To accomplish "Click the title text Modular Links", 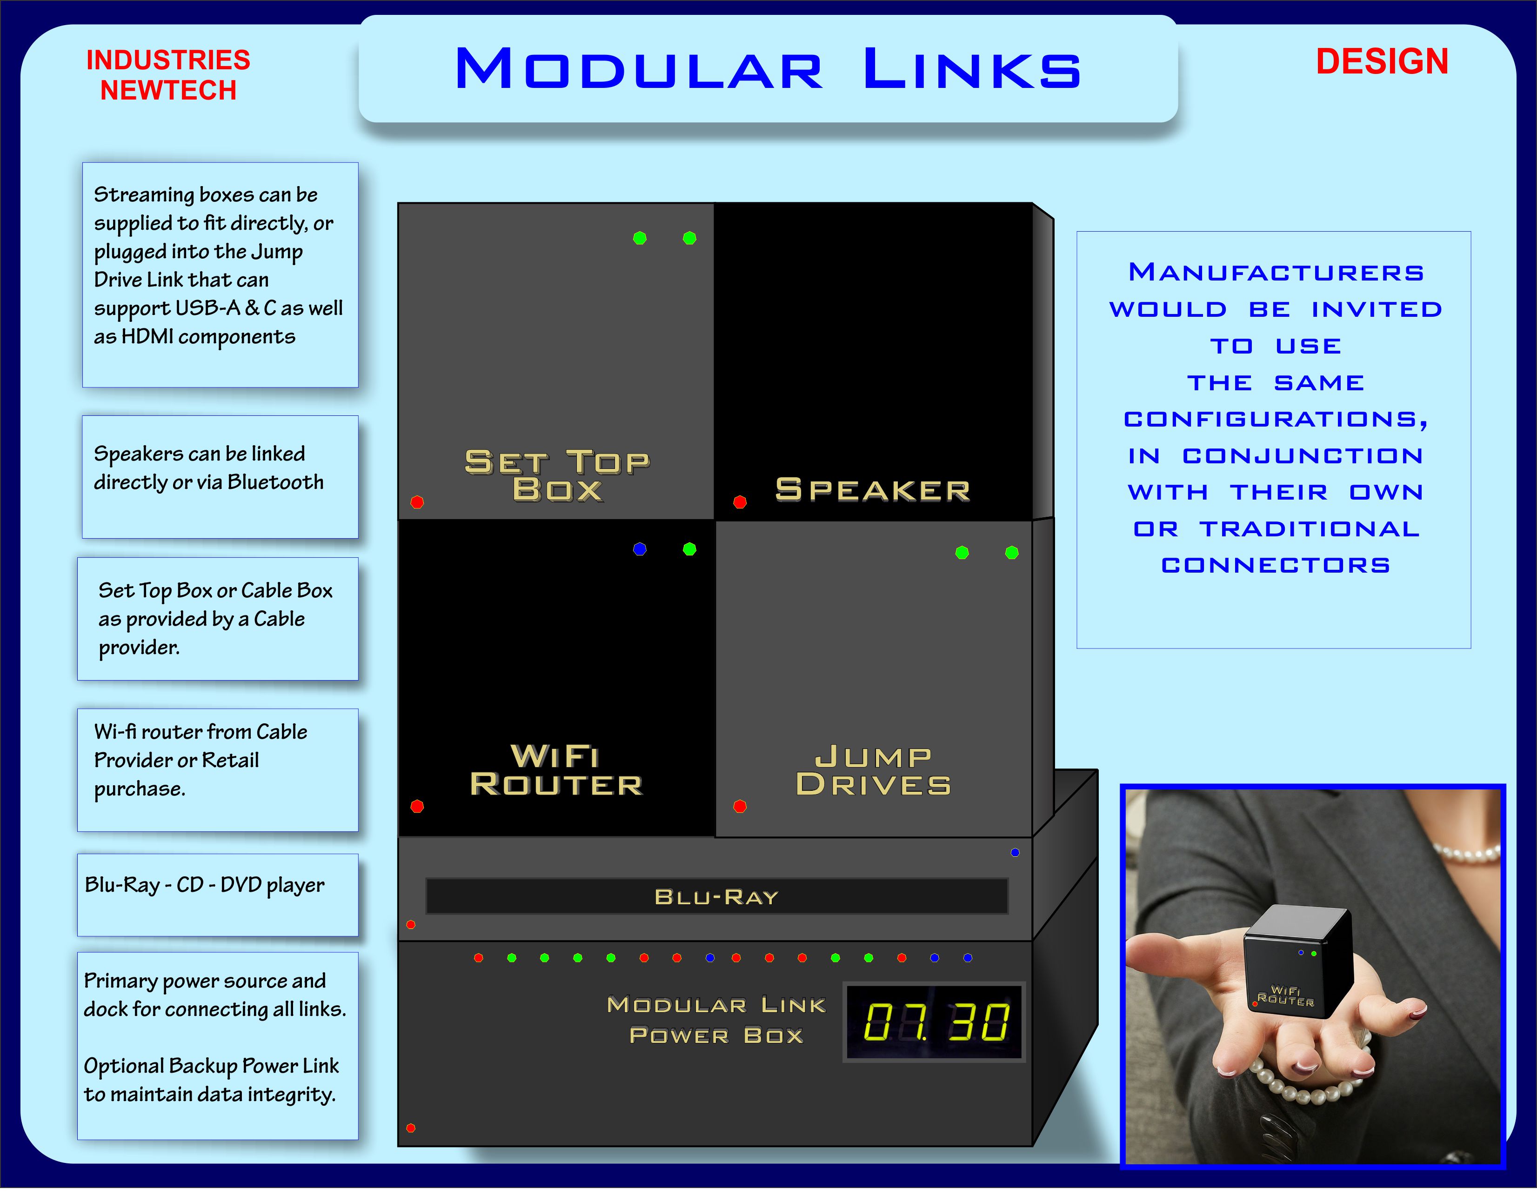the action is [768, 68].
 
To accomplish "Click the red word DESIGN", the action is [1382, 61].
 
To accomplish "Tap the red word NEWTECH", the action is [168, 90].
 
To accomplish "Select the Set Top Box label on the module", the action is [557, 476].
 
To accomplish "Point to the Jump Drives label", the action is [873, 771].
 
